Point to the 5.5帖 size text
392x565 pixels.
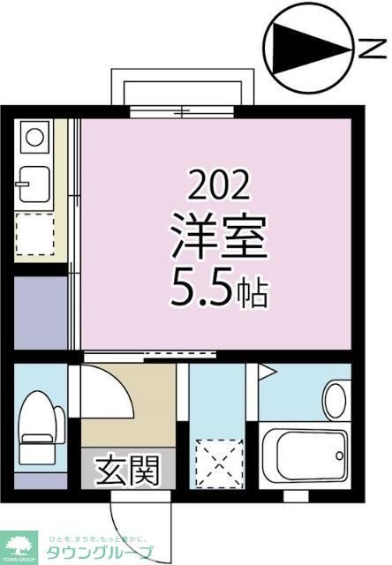(218, 289)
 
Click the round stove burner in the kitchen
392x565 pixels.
(33, 137)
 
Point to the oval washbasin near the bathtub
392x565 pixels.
(335, 398)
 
